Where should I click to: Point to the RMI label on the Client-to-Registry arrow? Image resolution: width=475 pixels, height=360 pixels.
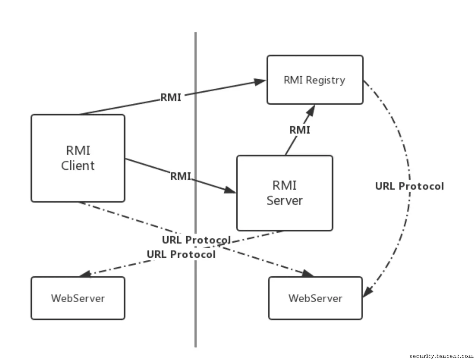coord(171,97)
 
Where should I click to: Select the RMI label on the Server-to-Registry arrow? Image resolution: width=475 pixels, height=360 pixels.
coord(300,130)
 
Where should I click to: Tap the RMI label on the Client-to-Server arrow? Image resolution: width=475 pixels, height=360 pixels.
coord(180,176)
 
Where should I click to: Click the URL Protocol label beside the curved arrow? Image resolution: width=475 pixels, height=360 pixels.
coord(409,186)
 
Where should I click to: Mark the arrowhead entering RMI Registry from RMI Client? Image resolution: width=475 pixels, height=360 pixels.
coord(260,82)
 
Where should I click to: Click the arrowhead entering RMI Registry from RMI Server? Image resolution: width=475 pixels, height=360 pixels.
coord(311,110)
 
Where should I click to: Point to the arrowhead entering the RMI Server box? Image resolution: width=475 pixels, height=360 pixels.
coord(230,190)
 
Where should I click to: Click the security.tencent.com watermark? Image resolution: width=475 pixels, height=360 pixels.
coord(441,356)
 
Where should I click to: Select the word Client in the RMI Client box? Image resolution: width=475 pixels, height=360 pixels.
coord(78,166)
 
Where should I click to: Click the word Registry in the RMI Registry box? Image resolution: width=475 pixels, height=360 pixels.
coord(325,80)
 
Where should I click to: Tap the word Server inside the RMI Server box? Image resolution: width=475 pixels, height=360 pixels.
coord(285,200)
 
